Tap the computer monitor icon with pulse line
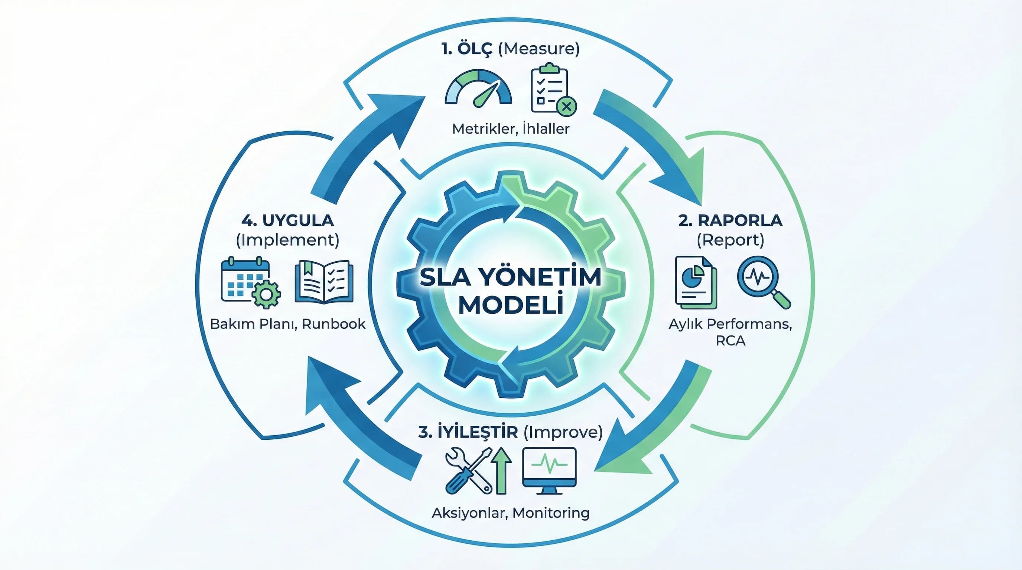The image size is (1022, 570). point(550,470)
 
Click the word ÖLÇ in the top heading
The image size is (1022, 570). point(475,49)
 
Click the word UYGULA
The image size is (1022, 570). point(298,220)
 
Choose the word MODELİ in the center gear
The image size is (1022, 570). point(511,305)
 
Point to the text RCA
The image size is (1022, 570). point(730,341)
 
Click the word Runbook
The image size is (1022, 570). point(333,324)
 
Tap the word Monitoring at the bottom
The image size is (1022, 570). point(551,512)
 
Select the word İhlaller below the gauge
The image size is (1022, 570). point(546,128)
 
